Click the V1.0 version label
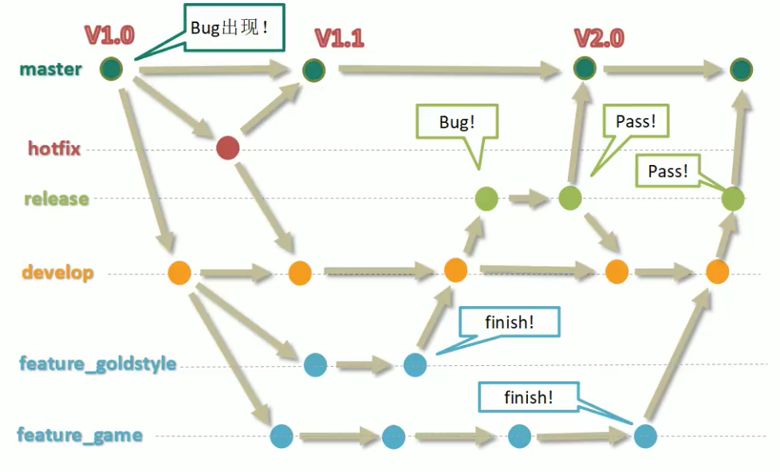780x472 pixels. [x=109, y=35]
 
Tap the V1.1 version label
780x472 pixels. [x=340, y=38]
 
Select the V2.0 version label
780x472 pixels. [x=599, y=38]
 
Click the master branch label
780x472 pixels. [x=50, y=69]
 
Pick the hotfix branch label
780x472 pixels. [x=54, y=148]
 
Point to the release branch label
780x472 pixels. [x=56, y=199]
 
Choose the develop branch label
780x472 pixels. [x=57, y=273]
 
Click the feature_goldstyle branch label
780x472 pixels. [x=97, y=364]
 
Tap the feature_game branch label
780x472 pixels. [x=80, y=435]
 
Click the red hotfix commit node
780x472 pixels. [x=228, y=147]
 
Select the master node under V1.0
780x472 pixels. [x=112, y=69]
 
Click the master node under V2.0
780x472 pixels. [x=585, y=69]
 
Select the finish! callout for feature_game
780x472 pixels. [x=528, y=397]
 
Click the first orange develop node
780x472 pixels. [x=179, y=273]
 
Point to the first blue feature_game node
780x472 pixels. [x=282, y=436]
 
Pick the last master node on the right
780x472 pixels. [x=741, y=69]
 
